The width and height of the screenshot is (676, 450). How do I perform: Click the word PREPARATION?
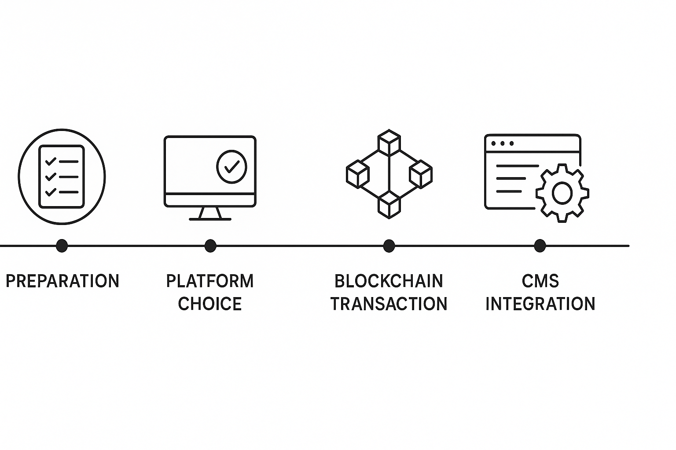point(62,281)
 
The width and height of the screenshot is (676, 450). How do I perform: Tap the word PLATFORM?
point(210,281)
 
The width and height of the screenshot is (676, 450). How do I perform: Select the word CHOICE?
point(210,304)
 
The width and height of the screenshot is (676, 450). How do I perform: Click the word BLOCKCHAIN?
point(389,281)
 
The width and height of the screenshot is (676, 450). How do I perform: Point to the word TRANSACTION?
point(389,304)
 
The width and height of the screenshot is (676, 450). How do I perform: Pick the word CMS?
point(540,281)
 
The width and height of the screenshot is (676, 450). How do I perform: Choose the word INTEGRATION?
point(540,304)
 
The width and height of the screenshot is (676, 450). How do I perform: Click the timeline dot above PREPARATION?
point(62,246)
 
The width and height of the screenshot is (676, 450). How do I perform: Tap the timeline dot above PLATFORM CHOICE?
point(210,246)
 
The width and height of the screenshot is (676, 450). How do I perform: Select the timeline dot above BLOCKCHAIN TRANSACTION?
point(389,246)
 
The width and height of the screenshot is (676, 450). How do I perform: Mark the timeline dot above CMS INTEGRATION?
point(540,246)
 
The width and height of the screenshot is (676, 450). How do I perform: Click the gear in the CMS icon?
point(562,193)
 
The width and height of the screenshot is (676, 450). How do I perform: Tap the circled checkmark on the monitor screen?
point(231,167)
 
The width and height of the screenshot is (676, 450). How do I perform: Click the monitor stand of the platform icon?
point(210,214)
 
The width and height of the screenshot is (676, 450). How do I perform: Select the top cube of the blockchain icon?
point(389,142)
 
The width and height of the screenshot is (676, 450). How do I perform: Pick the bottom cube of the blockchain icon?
point(389,205)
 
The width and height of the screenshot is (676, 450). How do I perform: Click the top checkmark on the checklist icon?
point(51,161)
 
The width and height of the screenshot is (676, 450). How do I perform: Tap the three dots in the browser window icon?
point(502,143)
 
